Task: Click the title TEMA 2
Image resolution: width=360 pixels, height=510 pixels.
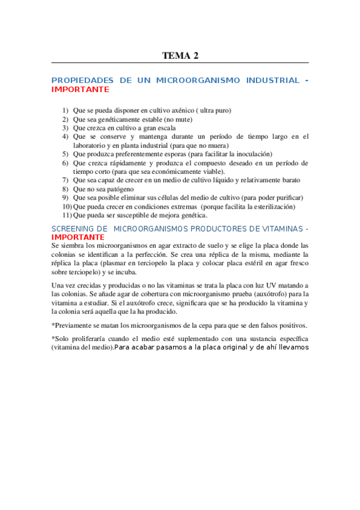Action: (180, 56)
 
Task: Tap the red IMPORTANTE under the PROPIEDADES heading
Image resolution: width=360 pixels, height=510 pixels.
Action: (81, 89)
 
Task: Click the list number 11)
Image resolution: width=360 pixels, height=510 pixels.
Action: (67, 215)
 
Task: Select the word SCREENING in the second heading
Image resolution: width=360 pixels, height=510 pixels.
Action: (71, 229)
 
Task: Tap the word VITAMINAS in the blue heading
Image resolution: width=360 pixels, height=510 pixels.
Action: (266, 229)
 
